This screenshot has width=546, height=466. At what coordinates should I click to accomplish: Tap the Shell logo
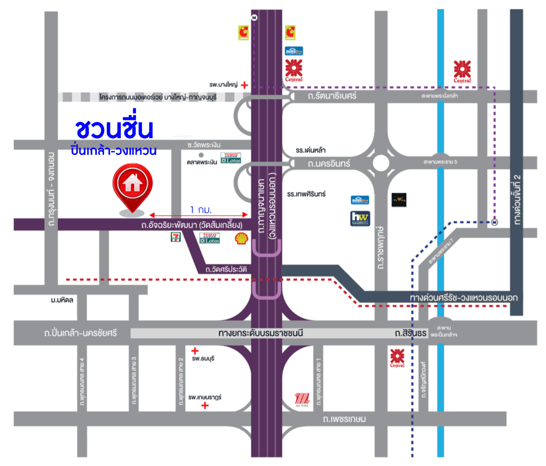[241, 239]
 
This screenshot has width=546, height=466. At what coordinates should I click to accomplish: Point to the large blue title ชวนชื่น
[114, 129]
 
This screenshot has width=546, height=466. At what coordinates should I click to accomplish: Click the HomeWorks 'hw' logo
[360, 218]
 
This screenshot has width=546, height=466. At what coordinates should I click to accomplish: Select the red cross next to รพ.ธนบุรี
[195, 351]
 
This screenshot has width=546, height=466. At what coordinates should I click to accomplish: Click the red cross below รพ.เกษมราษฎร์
[206, 406]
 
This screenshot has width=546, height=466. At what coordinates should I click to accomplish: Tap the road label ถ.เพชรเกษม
[344, 419]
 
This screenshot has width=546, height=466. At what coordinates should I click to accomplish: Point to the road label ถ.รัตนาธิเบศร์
[332, 96]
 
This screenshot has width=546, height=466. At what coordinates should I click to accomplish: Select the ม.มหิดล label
[62, 300]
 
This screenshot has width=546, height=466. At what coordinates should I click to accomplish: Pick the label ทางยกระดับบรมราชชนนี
[261, 333]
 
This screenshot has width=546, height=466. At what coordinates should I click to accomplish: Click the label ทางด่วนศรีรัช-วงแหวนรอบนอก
[464, 297]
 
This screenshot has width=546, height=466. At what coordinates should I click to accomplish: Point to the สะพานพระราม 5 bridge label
[440, 162]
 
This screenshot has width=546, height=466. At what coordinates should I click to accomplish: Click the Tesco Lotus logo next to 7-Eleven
[210, 238]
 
